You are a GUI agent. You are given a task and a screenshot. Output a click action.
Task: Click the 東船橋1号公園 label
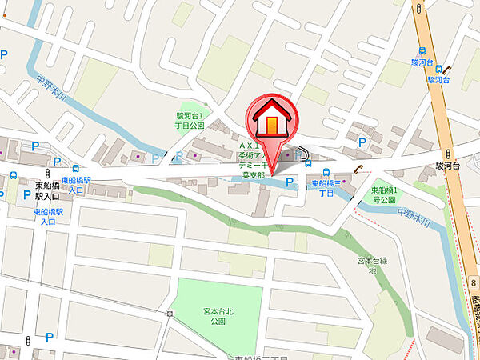point(390,194)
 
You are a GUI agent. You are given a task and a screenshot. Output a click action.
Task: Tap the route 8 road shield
point(474,283)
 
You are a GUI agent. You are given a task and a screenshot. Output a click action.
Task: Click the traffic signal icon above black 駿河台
point(450,153)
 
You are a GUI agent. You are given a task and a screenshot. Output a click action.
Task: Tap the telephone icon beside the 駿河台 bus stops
point(449,70)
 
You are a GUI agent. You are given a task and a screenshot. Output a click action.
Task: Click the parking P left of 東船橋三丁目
point(290,184)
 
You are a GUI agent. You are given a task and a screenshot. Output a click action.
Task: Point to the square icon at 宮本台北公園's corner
point(170,313)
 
